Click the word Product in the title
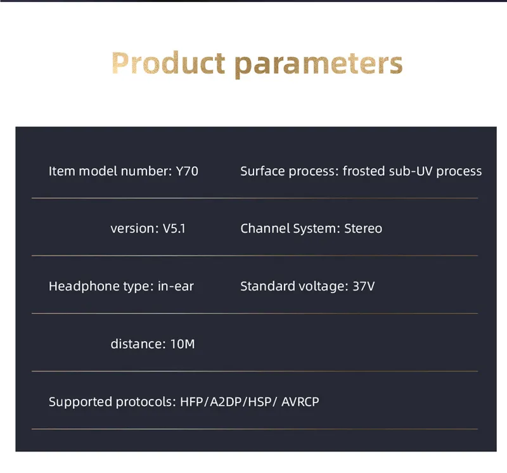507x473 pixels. point(168,63)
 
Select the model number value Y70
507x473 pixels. point(187,171)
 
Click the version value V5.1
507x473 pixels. point(174,229)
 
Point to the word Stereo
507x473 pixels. point(363,228)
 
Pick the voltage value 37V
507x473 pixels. point(363,286)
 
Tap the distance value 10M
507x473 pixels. point(183,344)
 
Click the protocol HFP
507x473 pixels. point(191,402)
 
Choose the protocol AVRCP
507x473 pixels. point(300,402)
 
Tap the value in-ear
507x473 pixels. point(176,286)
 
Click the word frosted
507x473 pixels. point(363,171)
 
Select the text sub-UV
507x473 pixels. point(411,171)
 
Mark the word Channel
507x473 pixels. point(265,228)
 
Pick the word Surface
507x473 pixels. point(262,171)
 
